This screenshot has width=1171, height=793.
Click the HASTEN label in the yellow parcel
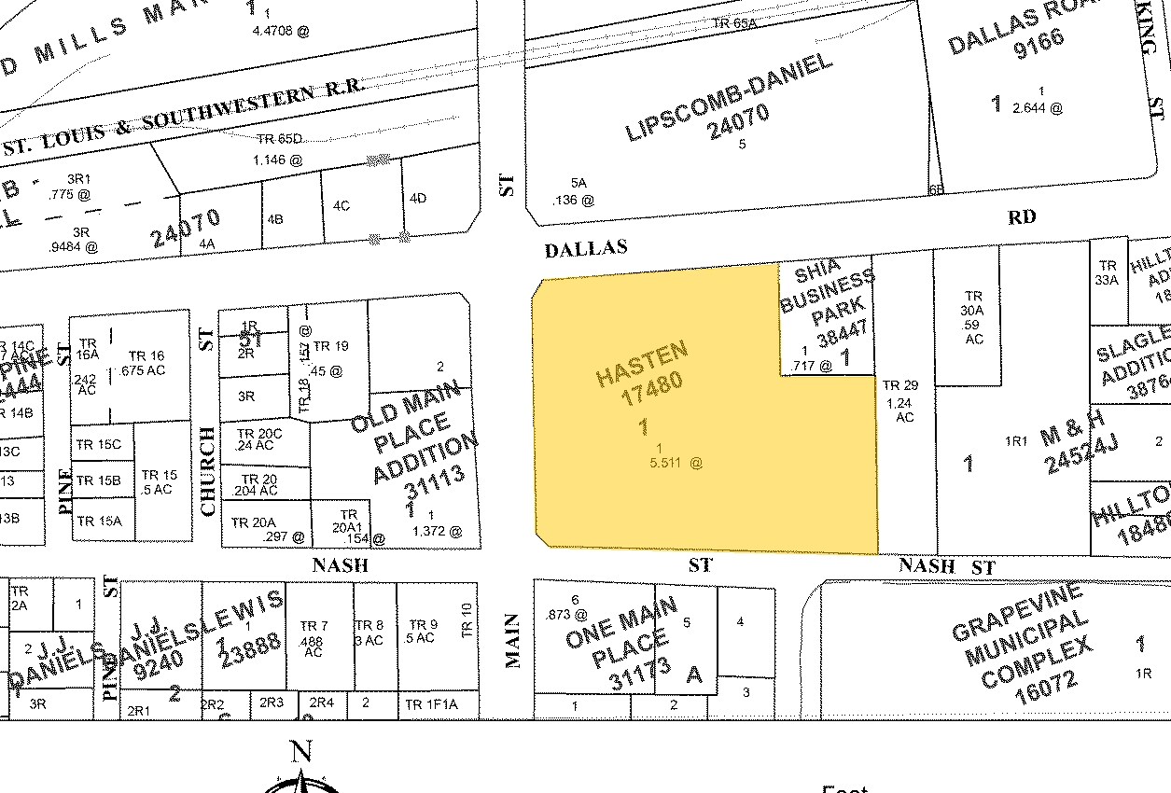642,365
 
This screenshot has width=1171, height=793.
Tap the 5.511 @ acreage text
675,462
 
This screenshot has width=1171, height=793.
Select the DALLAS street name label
585,248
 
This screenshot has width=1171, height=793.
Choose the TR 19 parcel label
330,346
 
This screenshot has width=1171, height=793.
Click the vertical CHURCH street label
207,471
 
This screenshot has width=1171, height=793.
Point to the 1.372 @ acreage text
441,531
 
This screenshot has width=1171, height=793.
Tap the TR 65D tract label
279,139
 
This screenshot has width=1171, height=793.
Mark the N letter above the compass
300,752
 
